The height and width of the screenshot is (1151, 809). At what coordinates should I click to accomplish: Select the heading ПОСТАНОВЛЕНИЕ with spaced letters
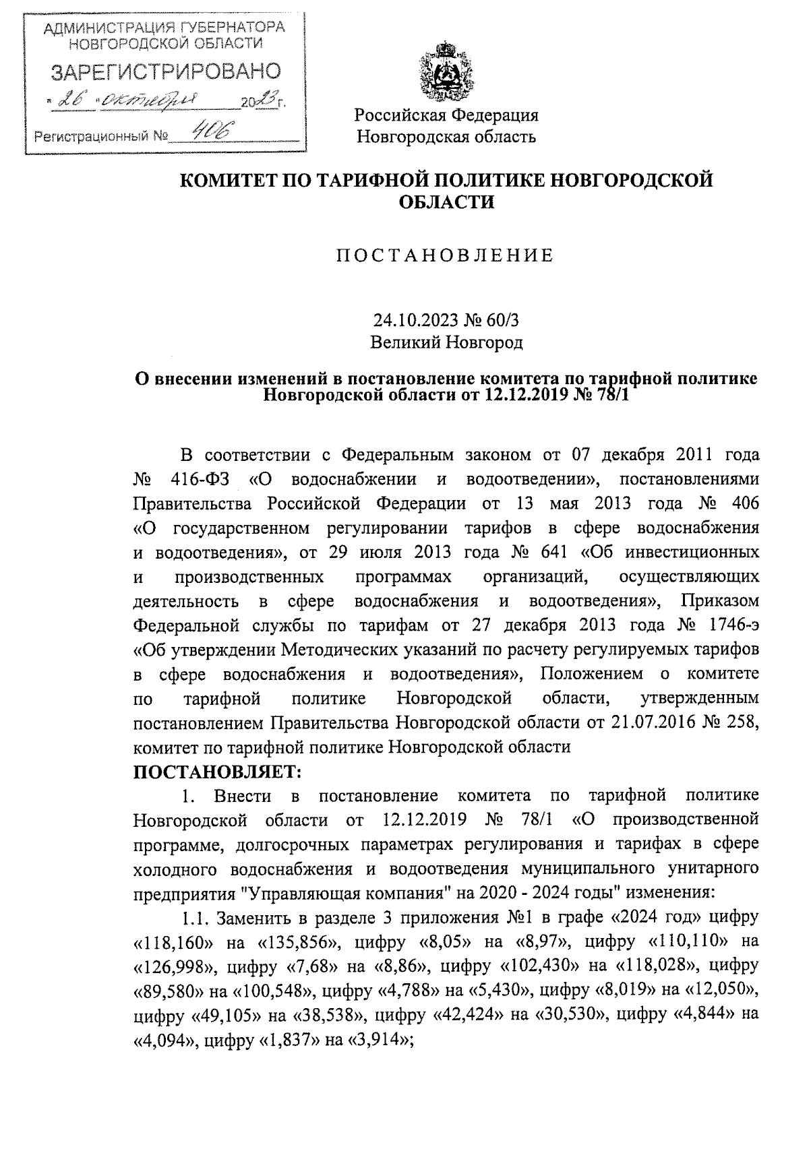pos(446,255)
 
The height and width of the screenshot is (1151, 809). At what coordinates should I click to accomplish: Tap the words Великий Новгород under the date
pos(446,342)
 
